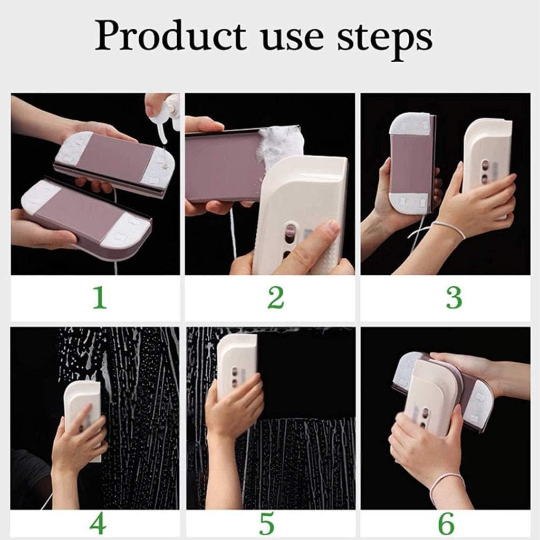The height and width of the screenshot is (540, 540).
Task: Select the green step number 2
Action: [x=275, y=298]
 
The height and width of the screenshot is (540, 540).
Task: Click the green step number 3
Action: [x=454, y=298]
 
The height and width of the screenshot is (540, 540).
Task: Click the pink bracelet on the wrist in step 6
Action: [x=446, y=483]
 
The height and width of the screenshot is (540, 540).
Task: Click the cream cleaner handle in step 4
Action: [x=83, y=406]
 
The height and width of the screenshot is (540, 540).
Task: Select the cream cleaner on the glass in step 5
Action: [x=237, y=364]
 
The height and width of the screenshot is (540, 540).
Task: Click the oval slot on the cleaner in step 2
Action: [x=290, y=233]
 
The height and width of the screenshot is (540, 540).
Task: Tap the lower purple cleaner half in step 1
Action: [x=87, y=216]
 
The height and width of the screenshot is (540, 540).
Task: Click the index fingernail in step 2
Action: [x=332, y=227]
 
